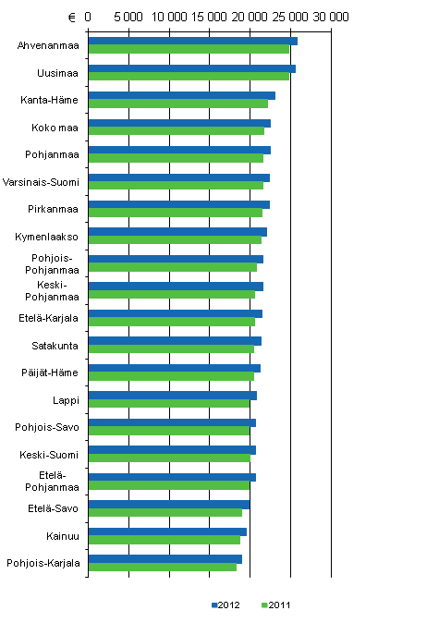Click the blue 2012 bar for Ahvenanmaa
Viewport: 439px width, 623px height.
coord(192,41)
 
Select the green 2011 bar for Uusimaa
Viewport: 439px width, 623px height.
coord(189,76)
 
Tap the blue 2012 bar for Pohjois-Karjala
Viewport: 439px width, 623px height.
coord(165,558)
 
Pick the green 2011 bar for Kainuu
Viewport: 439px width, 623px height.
coord(164,540)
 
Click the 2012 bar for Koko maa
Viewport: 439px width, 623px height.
coord(179,123)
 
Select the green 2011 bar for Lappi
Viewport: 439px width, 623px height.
coord(168,403)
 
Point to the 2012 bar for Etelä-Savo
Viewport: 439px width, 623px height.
coord(169,504)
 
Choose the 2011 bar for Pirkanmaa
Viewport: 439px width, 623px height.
coord(175,213)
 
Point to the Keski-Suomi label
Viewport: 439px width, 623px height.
coord(50,454)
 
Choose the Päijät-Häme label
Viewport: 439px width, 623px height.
coord(52,373)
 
